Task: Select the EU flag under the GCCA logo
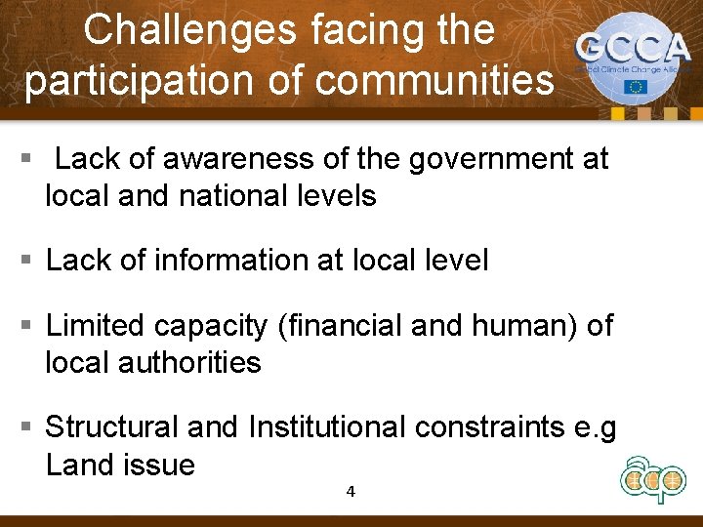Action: click(x=637, y=87)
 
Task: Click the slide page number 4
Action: click(x=351, y=491)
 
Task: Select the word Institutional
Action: click(x=327, y=427)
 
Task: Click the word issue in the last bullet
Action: click(x=159, y=466)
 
